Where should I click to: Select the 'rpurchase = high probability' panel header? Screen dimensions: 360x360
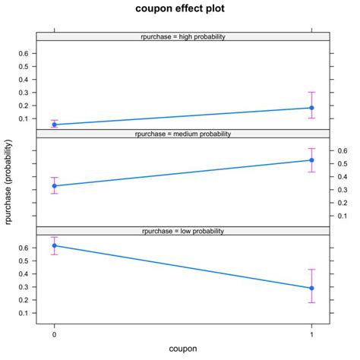182,36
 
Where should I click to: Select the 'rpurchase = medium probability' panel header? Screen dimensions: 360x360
182,134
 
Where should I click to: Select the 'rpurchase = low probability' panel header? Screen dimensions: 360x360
182,230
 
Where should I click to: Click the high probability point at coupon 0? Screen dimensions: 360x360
54,125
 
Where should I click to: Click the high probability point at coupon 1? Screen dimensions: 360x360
311,108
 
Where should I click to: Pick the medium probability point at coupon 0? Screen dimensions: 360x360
54,185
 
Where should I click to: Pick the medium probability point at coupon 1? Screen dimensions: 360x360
311,159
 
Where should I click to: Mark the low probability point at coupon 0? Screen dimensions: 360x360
54,245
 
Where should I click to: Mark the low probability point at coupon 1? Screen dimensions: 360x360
311,288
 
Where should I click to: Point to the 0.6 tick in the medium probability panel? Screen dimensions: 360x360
342,151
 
